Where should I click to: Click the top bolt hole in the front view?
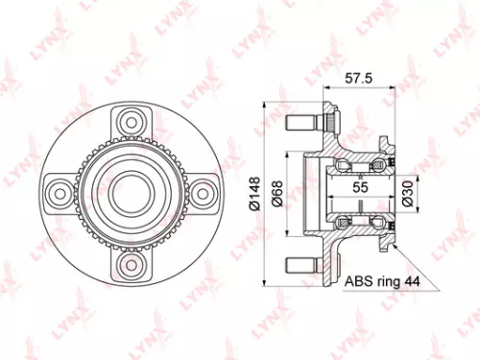coord(129,122)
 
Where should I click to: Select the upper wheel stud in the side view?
coord(302,122)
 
